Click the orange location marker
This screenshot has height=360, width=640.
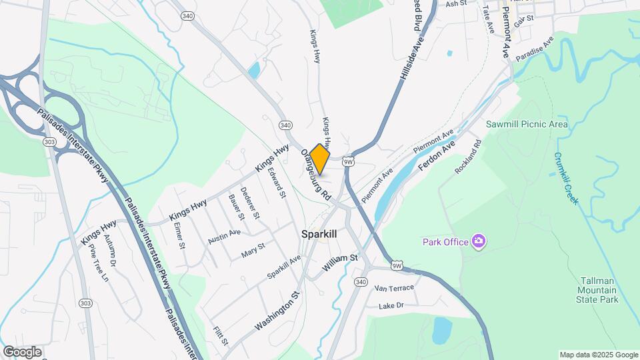320,159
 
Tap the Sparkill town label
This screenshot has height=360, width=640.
319,234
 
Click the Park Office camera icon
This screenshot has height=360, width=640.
478,241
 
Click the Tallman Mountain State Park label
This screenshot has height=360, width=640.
597,290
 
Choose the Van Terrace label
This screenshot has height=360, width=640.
394,288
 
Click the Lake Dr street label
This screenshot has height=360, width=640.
391,305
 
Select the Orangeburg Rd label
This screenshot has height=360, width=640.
315,175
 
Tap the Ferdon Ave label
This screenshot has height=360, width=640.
438,156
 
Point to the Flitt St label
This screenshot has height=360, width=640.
221,336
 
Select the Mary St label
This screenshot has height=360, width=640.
253,249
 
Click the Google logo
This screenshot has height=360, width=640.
22,352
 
